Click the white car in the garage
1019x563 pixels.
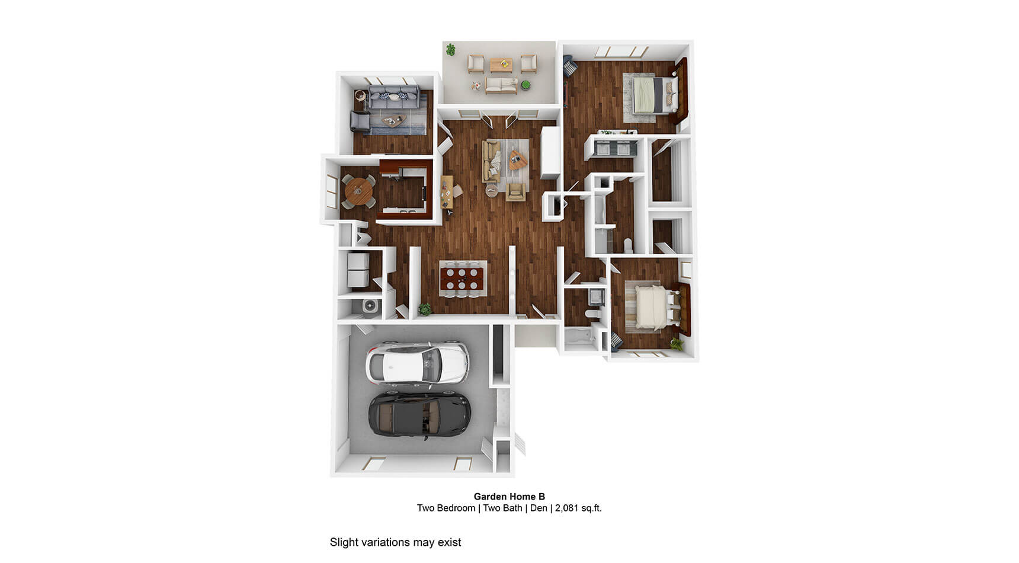click(x=418, y=362)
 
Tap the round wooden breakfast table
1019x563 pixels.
click(x=359, y=190)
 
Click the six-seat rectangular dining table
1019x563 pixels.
click(x=463, y=277)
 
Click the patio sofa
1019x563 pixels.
click(x=501, y=85)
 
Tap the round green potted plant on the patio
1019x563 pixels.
click(x=525, y=86)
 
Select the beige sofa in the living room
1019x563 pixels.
click(x=491, y=161)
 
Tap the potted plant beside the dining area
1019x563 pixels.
click(x=424, y=309)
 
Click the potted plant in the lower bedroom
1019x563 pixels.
click(x=677, y=343)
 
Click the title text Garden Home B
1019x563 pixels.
click(x=509, y=497)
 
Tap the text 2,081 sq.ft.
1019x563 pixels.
click(x=578, y=508)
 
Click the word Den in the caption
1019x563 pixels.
click(x=539, y=508)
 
